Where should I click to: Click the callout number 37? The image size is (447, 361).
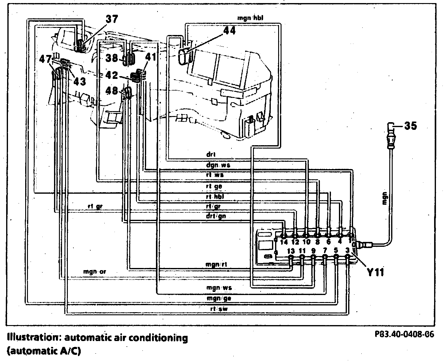pyautogui.click(x=112, y=19)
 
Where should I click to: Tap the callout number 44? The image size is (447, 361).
pyautogui.click(x=228, y=30)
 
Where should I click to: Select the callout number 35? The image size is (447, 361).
pyautogui.click(x=410, y=126)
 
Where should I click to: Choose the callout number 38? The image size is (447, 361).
pyautogui.click(x=113, y=57)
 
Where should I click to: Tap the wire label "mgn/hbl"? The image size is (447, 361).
pyautogui.click(x=250, y=18)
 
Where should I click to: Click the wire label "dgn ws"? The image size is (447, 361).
pyautogui.click(x=218, y=165)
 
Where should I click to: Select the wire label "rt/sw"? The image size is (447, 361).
pyautogui.click(x=219, y=309)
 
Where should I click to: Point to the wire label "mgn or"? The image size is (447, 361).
pyautogui.click(x=95, y=272)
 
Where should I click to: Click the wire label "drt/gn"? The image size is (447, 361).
pyautogui.click(x=216, y=216)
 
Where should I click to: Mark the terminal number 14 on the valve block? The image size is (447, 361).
pyautogui.click(x=284, y=242)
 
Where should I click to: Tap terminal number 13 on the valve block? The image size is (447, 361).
pyautogui.click(x=291, y=251)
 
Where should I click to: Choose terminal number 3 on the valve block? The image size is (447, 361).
pyautogui.click(x=347, y=250)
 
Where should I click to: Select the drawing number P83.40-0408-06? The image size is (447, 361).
pyautogui.click(x=404, y=334)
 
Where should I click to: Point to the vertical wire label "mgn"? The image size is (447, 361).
pyautogui.click(x=385, y=198)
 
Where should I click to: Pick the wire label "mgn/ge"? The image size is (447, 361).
pyautogui.click(x=219, y=298)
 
